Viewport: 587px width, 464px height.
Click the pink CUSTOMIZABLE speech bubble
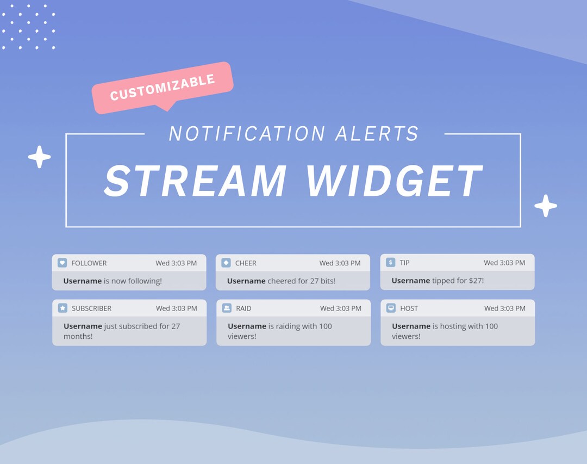[x=163, y=87]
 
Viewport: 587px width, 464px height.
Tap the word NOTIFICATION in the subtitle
[x=247, y=134]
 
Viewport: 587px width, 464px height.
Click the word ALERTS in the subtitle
[x=377, y=134]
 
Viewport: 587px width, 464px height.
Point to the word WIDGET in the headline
[x=394, y=181]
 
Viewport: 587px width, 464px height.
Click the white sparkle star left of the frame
[x=39, y=157]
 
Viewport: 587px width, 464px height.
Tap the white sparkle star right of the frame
[x=546, y=206]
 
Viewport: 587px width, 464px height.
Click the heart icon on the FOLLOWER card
[x=63, y=263]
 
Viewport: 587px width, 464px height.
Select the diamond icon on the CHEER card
[x=226, y=263]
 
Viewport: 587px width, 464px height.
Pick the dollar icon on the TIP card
[x=390, y=262]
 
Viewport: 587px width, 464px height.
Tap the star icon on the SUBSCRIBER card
[x=63, y=308]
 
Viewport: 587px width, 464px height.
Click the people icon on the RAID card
[x=227, y=308]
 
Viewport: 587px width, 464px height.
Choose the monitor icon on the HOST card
[x=391, y=308]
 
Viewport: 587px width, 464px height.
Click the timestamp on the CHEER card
[x=340, y=263]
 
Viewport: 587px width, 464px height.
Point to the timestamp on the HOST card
[x=505, y=308]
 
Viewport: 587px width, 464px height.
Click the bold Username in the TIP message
[x=411, y=281]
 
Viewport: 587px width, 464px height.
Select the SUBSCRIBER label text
[x=91, y=308]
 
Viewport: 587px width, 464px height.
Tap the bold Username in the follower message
[x=83, y=281]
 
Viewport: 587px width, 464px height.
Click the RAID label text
[x=243, y=308]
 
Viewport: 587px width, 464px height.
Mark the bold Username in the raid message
[x=247, y=326]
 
